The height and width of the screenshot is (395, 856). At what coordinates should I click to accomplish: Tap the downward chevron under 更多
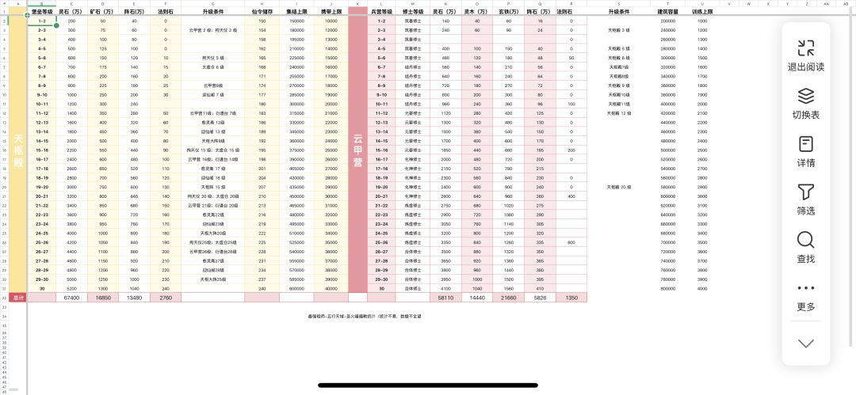click(x=806, y=344)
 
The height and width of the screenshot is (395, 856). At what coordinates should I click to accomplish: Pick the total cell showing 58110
click(x=446, y=298)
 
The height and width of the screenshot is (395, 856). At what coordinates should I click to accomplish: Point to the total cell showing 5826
click(x=540, y=298)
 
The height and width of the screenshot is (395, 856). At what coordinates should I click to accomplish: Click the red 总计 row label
click(x=17, y=298)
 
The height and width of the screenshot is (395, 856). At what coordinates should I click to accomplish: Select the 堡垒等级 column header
click(x=41, y=13)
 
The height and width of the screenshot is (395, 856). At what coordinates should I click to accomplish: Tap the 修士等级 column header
click(x=414, y=13)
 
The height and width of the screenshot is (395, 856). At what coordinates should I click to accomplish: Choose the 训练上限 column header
click(x=702, y=13)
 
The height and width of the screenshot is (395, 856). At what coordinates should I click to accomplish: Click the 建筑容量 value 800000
click(x=668, y=289)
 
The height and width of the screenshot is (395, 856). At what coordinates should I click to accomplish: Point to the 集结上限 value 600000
click(x=297, y=289)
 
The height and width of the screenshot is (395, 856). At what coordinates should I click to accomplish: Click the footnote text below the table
click(x=365, y=316)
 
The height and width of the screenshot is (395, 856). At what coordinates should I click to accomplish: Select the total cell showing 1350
click(x=571, y=298)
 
